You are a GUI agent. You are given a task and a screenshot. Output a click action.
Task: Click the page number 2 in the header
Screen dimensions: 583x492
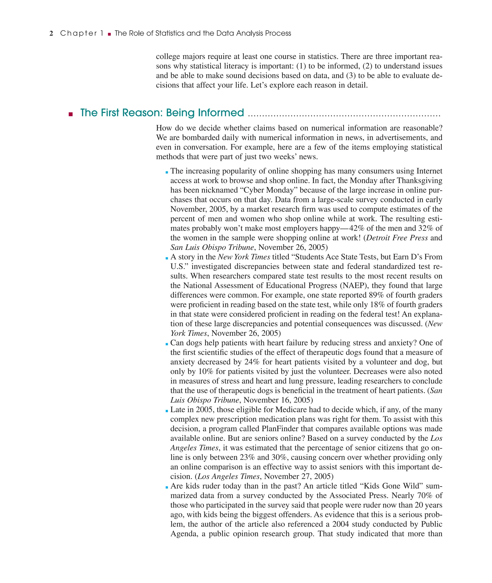(51, 33)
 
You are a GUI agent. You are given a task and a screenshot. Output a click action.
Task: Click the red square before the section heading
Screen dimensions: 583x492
(71, 114)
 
